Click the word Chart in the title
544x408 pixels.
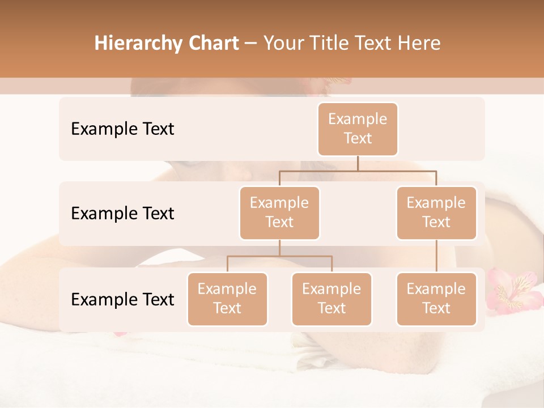[214, 44]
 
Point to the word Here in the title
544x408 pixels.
[419, 44]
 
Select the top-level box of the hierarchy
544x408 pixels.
[358, 129]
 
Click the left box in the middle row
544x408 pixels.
[279, 213]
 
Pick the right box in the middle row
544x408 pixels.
[436, 213]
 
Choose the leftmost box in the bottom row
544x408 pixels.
[227, 299]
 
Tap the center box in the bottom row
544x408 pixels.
[331, 299]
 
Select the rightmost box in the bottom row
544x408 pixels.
[436, 299]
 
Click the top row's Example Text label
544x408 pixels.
[122, 129]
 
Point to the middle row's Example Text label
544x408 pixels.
[122, 214]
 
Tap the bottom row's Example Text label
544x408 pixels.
[122, 299]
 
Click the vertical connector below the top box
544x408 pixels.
[358, 163]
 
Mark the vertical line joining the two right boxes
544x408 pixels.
[436, 256]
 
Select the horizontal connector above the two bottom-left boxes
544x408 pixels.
[279, 256]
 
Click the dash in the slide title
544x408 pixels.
[251, 44]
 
